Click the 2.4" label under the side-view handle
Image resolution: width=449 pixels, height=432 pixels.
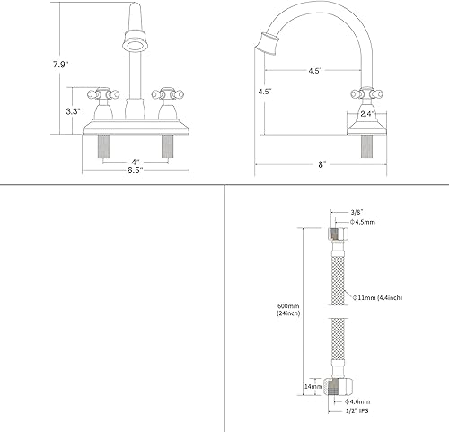pos(366,114)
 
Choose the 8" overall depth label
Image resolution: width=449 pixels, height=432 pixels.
pos(320,164)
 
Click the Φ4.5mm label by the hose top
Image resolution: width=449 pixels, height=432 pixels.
pos(340,221)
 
